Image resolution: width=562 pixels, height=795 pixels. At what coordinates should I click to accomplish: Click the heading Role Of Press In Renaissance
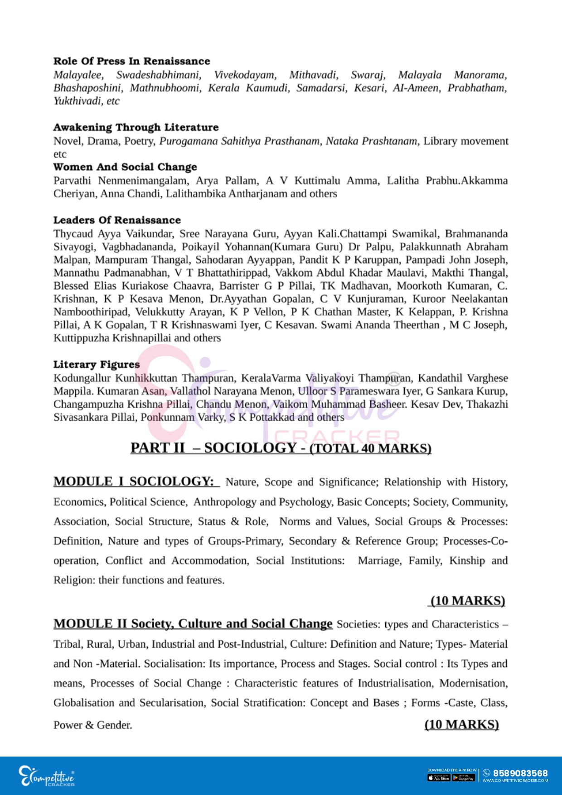(131, 61)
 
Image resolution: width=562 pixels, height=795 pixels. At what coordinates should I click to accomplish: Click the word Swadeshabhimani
(159, 75)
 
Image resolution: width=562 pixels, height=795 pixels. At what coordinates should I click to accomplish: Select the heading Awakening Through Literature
(136, 127)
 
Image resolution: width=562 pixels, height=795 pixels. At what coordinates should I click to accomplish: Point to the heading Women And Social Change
(125, 167)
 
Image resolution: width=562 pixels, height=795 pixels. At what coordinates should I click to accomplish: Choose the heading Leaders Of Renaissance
(117, 220)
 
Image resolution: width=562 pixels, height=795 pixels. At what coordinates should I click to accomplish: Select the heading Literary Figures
(97, 365)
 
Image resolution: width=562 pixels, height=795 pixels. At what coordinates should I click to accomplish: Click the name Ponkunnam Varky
(182, 418)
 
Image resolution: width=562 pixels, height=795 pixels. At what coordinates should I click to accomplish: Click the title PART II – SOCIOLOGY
(213, 448)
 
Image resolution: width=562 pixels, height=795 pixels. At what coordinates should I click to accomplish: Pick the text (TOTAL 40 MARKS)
(370, 448)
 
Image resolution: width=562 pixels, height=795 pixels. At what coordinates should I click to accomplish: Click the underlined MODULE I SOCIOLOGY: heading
(136, 482)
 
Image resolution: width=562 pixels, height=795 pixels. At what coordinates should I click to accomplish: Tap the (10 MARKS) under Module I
(467, 601)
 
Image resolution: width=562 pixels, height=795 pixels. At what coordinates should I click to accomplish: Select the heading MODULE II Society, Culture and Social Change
(193, 624)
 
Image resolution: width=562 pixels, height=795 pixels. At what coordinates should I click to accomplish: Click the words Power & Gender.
(92, 725)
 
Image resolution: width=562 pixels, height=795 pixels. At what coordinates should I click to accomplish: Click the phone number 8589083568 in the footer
(520, 773)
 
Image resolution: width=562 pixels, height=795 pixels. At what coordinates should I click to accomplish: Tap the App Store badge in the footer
(439, 778)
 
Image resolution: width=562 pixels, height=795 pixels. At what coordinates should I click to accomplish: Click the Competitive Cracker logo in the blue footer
(46, 776)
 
